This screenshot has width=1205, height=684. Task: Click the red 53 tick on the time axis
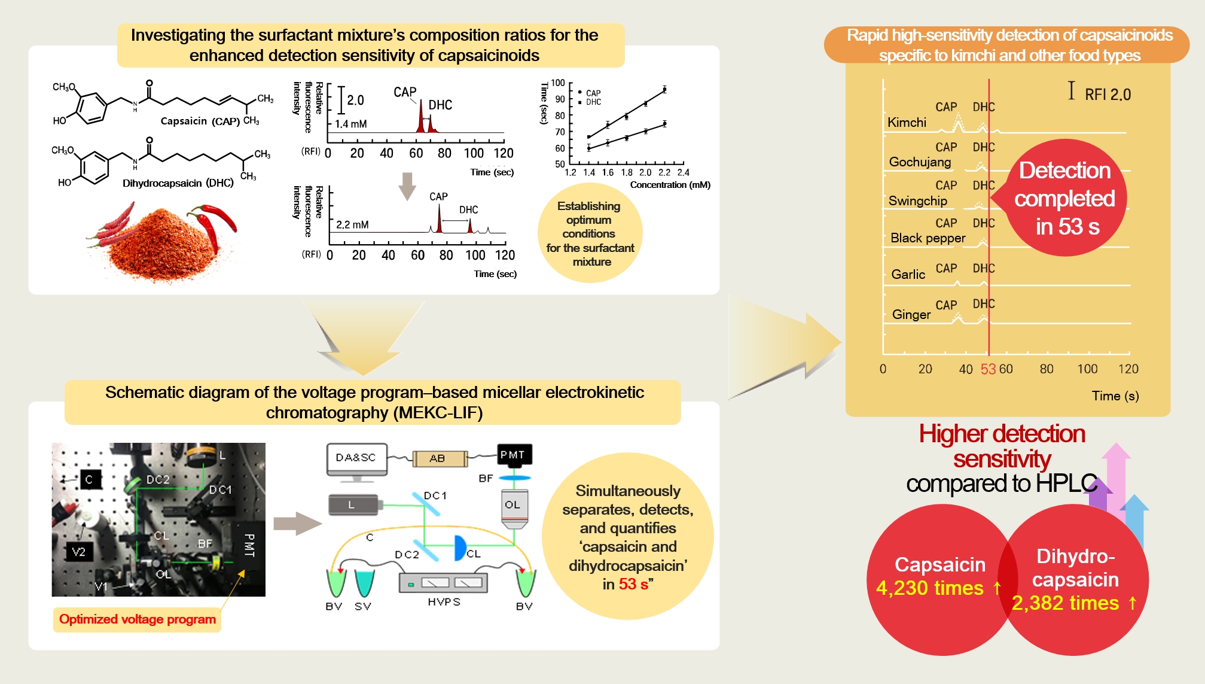pos(988,369)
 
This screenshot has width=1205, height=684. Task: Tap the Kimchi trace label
pos(907,123)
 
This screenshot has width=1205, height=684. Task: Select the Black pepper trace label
pos(928,238)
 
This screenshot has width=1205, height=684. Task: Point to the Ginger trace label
pos(911,315)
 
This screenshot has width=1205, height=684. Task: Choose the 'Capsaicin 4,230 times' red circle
pos(938,577)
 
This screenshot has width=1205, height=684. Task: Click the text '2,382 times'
pos(1065,603)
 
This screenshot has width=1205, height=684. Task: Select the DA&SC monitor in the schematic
pos(356,459)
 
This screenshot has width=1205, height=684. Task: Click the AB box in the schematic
pos(438,459)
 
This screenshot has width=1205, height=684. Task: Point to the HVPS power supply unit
pos(443,583)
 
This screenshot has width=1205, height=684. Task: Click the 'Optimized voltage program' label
pos(138,619)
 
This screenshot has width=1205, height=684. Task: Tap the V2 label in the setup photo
pos(79,552)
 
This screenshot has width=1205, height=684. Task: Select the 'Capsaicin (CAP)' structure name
pos(200,121)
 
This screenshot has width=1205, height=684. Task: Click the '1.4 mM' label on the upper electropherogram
pos(350,124)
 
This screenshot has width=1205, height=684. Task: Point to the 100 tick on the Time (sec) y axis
pos(557,83)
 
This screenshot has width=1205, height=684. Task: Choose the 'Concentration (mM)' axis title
pos(670,185)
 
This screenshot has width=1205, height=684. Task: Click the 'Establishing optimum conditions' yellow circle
pos(590,234)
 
